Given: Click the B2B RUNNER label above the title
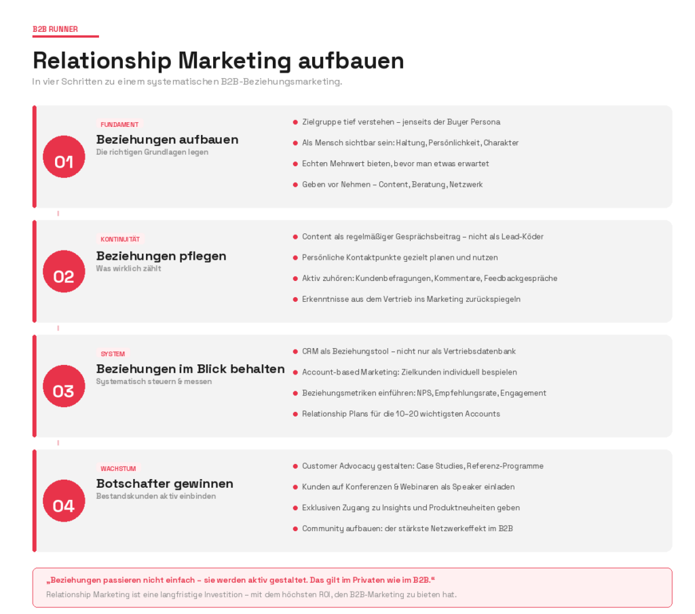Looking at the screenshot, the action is coord(55,29).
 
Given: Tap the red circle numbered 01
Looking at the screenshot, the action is coord(64,157).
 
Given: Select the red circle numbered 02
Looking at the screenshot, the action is coord(64,271).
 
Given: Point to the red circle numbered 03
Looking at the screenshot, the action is coord(64,386).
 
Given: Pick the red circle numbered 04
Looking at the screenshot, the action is coord(64,501).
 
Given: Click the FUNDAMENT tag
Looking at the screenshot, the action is coord(119,125).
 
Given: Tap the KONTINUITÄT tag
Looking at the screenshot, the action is coord(120,239).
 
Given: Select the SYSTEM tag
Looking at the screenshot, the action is coord(113,354).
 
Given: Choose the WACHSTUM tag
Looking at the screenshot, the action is coord(118,469).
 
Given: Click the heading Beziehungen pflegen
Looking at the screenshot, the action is coord(161,256).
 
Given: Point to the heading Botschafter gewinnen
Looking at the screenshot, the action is coord(164,484).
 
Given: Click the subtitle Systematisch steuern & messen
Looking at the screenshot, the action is coord(153,381).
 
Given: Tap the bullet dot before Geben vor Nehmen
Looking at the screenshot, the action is coord(295,185).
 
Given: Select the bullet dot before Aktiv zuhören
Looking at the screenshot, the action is coord(295,278).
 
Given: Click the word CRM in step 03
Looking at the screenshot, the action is coord(309,351).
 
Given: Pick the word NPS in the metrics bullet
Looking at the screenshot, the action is coord(436,393).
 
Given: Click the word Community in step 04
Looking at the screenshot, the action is coord(324,529).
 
